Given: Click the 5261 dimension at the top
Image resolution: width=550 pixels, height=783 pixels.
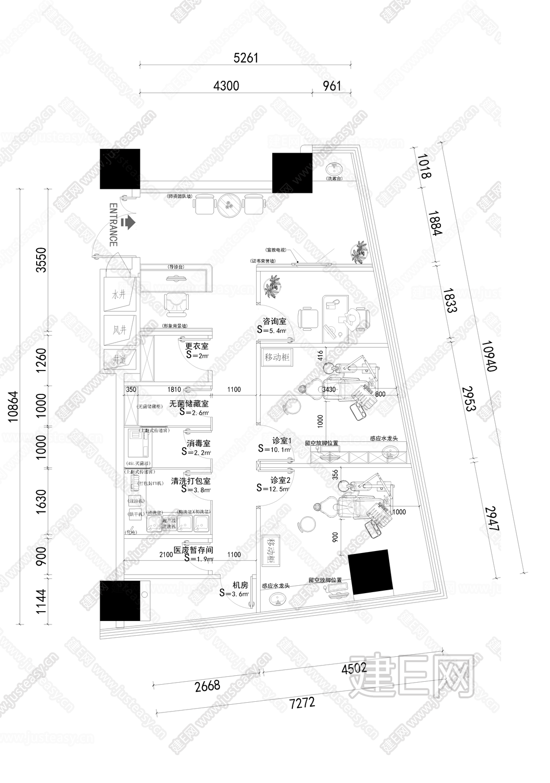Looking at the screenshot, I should [x=245, y=58].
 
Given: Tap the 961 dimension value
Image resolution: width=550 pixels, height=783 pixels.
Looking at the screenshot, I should [x=332, y=86].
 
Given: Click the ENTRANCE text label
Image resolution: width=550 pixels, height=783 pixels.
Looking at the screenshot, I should [x=113, y=225].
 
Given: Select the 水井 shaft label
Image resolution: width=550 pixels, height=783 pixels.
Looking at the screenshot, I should [x=119, y=295].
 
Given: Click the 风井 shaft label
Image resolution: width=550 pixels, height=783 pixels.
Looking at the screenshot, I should [x=119, y=330].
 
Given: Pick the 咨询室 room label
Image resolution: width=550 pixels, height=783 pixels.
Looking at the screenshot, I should [x=274, y=322].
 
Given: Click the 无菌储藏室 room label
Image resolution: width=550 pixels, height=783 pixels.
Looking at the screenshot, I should [x=189, y=404].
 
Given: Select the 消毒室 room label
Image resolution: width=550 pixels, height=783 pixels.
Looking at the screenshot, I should [x=198, y=443].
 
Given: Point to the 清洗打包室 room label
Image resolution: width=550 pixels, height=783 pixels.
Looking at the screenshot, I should [x=191, y=481].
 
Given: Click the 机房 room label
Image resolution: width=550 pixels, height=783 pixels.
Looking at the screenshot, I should [x=240, y=585].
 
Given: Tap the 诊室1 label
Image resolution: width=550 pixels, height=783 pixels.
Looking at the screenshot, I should [x=282, y=440].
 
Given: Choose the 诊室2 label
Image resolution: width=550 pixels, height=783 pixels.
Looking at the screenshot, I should [x=281, y=480].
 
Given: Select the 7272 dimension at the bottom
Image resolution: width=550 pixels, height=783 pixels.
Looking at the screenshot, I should [x=302, y=704].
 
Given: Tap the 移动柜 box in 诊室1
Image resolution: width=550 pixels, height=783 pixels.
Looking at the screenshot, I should [x=277, y=357].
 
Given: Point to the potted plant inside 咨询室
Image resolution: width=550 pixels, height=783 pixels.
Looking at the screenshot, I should [x=270, y=286].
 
